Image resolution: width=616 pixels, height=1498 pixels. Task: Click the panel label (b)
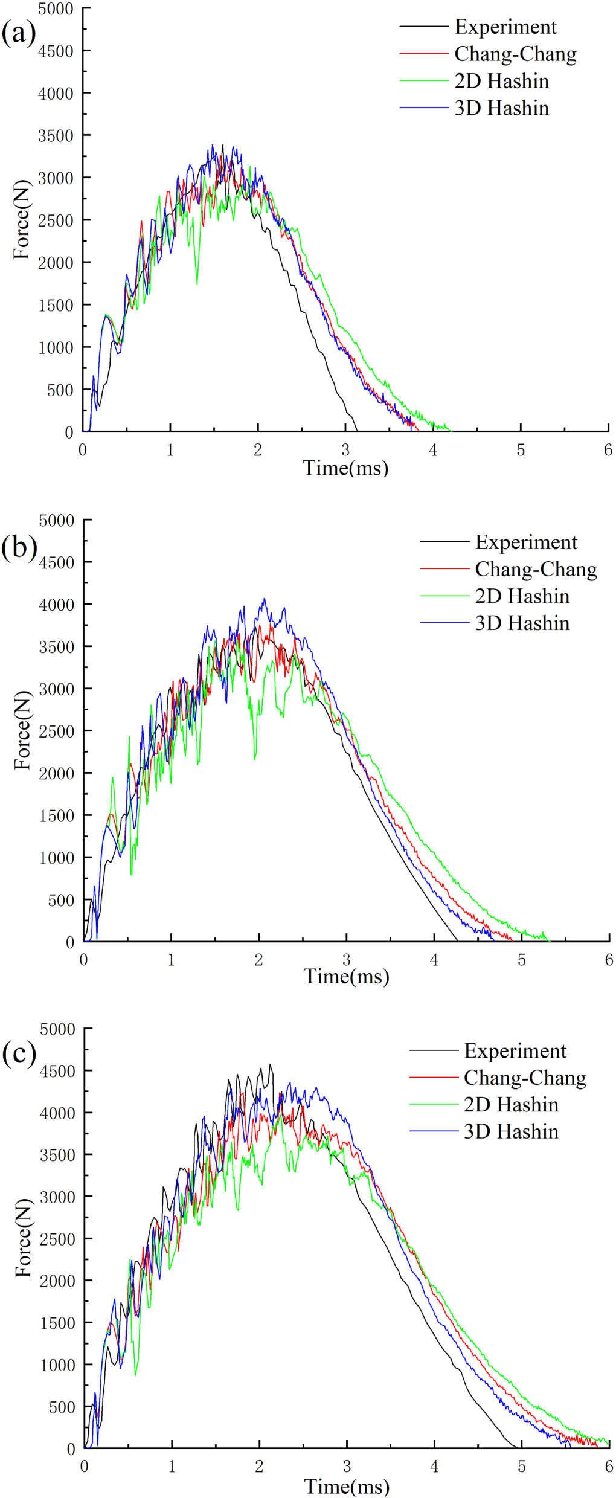[19, 547]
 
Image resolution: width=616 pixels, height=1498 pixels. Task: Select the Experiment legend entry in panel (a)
[505, 27]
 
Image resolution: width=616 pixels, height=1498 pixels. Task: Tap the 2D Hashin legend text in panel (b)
[522, 596]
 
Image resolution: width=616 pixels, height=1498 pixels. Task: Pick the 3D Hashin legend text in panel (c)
[511, 1131]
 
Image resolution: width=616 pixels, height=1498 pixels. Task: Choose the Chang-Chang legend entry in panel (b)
[535, 569]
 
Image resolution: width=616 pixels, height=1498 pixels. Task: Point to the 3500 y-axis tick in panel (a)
[56, 136]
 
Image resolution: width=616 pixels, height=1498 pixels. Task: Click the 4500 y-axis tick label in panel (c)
[57, 1071]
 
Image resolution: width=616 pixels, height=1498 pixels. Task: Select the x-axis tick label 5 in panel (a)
[521, 450]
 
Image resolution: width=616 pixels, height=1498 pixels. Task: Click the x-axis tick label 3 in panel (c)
[347, 1467]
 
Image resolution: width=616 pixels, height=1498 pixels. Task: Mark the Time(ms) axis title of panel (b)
[346, 977]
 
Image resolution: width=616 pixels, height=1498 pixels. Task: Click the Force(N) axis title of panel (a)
[22, 219]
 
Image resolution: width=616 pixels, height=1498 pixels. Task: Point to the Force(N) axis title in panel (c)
[23, 1238]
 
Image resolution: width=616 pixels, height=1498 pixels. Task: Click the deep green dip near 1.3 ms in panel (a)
[197, 283]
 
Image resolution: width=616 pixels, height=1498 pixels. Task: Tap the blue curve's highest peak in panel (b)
[264, 599]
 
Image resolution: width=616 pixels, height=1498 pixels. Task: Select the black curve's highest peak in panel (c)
[270, 1065]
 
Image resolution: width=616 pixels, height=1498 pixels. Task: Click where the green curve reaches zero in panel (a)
[450, 431]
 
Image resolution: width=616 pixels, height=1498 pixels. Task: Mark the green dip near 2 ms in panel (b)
[255, 758]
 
